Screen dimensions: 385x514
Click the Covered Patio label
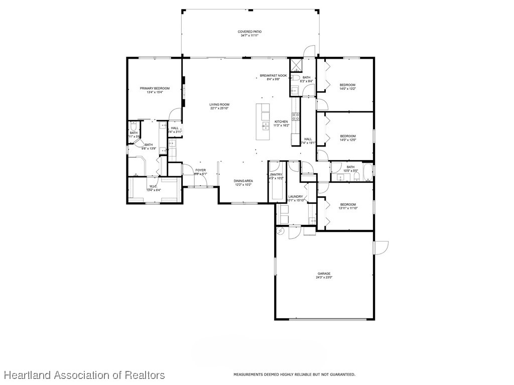[x=249, y=32]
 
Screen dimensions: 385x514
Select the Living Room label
[x=219, y=104]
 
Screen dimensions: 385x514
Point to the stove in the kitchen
[x=296, y=118]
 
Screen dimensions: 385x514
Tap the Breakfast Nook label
[x=273, y=75]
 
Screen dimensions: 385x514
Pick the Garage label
[x=323, y=274]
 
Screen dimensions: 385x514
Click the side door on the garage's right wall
[x=381, y=247]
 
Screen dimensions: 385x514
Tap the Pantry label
[x=276, y=174]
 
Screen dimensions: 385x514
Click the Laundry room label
[x=295, y=197]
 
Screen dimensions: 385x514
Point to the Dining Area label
[x=243, y=181]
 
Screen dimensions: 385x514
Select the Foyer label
[x=200, y=170]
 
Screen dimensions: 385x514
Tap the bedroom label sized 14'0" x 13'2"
[x=347, y=85]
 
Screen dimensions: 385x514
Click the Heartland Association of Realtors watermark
[x=84, y=375]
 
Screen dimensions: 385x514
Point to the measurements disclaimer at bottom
[x=294, y=374]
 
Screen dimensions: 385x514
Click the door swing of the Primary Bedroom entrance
[x=175, y=114]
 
